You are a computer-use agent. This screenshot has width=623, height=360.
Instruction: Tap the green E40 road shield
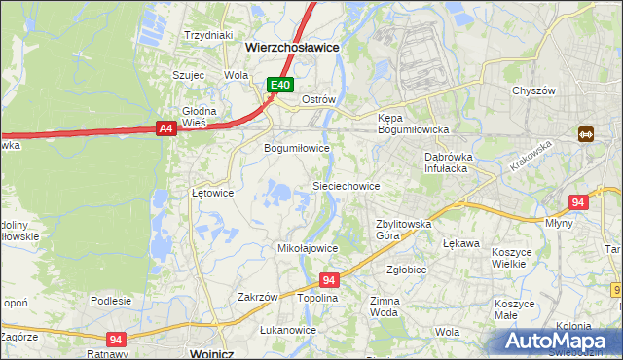(x=280, y=86)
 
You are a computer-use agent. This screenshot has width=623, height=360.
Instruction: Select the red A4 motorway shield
(x=165, y=127)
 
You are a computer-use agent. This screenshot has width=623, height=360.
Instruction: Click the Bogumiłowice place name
(x=298, y=149)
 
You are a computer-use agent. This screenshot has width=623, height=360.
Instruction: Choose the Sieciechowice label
(x=345, y=186)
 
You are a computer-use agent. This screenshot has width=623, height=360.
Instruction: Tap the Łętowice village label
(x=212, y=193)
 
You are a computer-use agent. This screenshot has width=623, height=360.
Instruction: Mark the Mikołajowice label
(x=308, y=248)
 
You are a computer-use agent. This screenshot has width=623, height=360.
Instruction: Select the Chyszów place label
(x=533, y=90)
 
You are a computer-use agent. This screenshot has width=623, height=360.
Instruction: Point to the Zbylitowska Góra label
(x=404, y=230)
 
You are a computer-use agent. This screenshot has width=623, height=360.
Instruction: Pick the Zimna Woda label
(x=385, y=307)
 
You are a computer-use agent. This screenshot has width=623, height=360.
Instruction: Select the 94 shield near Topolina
(x=328, y=280)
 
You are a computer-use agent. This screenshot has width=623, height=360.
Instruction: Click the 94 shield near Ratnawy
(x=116, y=339)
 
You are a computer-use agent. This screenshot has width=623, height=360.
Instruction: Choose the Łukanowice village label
(x=288, y=330)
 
